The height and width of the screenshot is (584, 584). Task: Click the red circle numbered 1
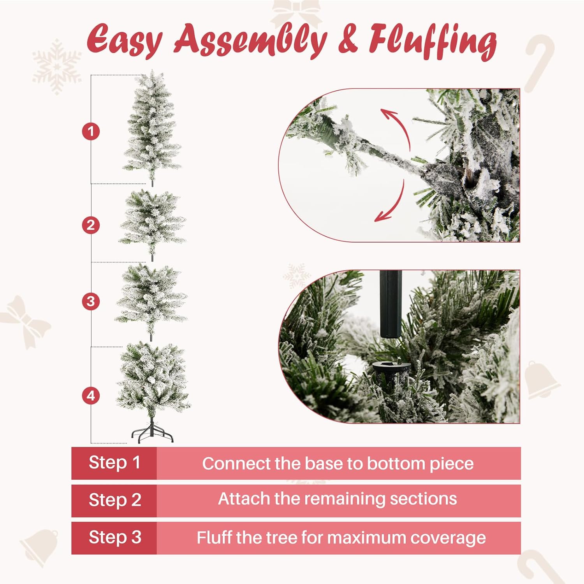91,131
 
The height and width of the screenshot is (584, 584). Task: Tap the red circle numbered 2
91,225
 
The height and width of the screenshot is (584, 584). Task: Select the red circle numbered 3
91,301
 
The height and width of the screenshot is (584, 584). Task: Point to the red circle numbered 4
91,396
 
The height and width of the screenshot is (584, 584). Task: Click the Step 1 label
114,463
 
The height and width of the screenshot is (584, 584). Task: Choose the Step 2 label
114,500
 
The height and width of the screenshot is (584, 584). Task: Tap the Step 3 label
114,538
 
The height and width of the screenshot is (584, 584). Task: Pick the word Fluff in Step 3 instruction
215,538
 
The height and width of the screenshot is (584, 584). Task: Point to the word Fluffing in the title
433,41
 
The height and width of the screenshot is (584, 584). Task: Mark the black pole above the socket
389,304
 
